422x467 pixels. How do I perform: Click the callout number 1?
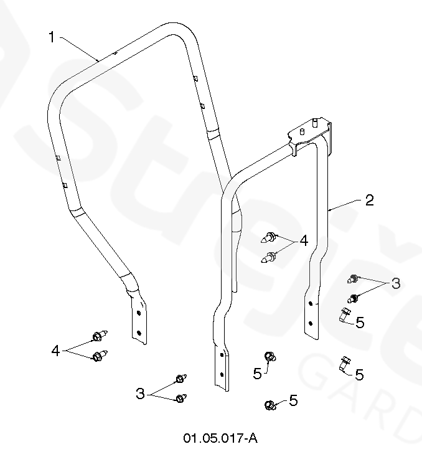tap(52, 37)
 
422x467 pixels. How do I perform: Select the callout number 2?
tap(369, 200)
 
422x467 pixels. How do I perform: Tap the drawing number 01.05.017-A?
tap(220, 438)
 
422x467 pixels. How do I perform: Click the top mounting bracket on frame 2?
tap(309, 132)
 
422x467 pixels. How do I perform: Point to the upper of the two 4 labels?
tap(304, 240)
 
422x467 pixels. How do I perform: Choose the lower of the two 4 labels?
tap(56, 351)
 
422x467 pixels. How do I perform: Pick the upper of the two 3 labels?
tap(395, 284)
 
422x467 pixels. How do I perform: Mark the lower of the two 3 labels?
tap(141, 394)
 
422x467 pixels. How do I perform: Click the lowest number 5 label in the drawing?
tap(293, 400)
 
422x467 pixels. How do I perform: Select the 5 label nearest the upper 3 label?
tap(360, 321)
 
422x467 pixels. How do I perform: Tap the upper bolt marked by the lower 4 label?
tap(98, 337)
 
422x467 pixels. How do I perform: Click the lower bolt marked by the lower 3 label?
tap(181, 398)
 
